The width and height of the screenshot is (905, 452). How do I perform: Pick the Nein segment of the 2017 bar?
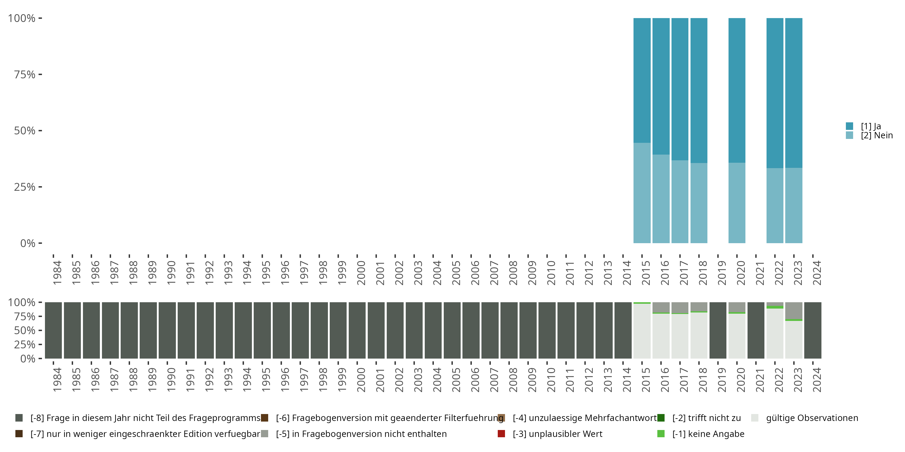tap(680, 202)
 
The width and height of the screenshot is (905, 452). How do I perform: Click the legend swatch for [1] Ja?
tap(849, 126)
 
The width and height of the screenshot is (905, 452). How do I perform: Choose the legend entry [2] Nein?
tap(877, 136)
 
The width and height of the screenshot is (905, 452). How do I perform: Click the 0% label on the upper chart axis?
tap(28, 243)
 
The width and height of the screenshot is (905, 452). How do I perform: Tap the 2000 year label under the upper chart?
tap(361, 273)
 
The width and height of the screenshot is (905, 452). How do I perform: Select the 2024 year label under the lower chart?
tap(817, 380)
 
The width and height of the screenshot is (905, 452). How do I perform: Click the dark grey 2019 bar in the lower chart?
tap(718, 330)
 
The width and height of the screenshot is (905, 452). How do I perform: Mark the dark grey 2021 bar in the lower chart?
tap(756, 330)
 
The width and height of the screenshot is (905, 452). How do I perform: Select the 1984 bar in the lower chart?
tap(53, 330)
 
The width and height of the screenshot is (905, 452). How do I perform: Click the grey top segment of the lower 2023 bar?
tap(794, 311)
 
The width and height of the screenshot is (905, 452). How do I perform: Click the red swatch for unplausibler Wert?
tap(501, 434)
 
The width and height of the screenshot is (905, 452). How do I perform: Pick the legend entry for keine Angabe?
tap(708, 434)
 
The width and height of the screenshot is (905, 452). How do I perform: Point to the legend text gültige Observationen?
tap(812, 418)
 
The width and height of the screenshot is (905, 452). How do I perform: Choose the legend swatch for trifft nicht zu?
tap(661, 418)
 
